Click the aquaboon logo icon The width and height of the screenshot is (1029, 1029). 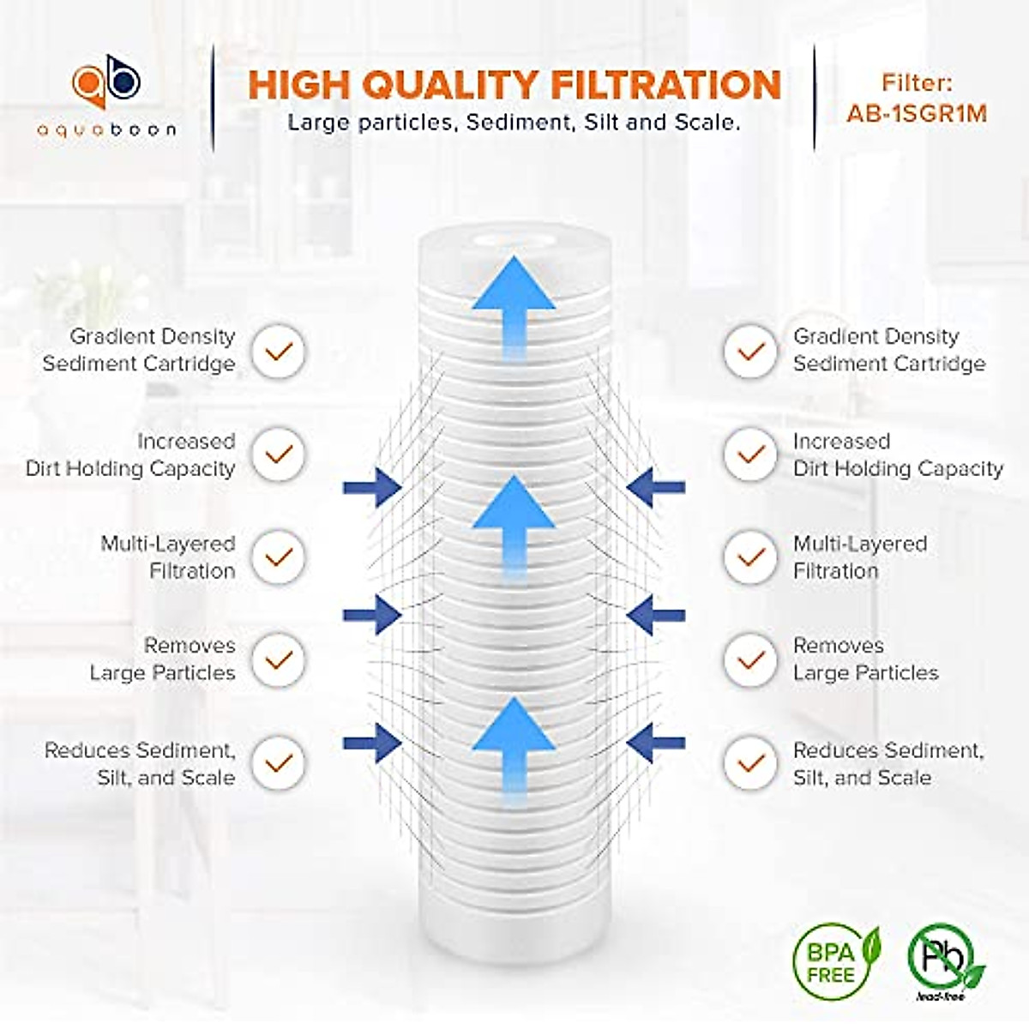(x=106, y=87)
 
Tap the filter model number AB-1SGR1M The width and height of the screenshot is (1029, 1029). (x=917, y=114)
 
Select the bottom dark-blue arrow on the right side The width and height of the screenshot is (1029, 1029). (x=655, y=743)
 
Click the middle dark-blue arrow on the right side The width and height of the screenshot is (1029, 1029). (x=655, y=614)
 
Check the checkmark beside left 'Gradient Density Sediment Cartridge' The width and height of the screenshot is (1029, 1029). (x=278, y=351)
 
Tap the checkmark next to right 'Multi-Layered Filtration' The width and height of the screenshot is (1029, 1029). (x=751, y=557)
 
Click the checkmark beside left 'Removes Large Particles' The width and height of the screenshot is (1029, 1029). (x=278, y=659)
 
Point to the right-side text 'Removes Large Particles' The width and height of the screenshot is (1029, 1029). (x=864, y=659)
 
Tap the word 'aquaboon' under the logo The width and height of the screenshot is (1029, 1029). (x=106, y=130)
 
